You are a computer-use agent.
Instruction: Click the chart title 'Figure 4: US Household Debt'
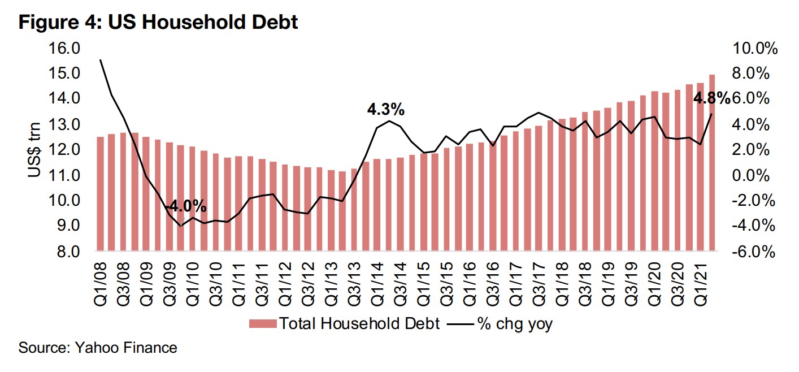click(x=159, y=23)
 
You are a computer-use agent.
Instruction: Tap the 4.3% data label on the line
click(x=385, y=110)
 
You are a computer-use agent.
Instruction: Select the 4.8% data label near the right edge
click(x=711, y=99)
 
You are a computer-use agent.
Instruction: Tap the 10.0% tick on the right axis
click(x=754, y=49)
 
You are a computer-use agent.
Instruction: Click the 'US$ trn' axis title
click(x=36, y=150)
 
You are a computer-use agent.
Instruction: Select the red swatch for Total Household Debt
click(x=263, y=324)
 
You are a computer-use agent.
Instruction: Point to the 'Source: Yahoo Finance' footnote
click(x=98, y=347)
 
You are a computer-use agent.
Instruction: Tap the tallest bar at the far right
click(x=711, y=163)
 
